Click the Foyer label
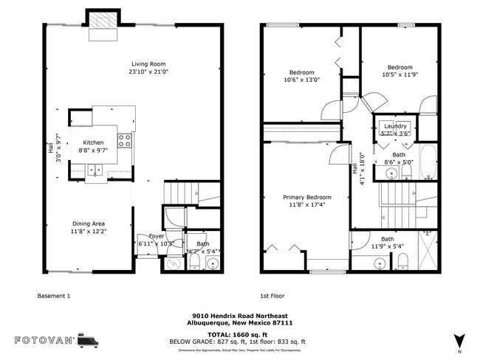coord(157,236)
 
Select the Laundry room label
coord(395,126)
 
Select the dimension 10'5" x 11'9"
coord(400,75)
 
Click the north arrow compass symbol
coord(459,340)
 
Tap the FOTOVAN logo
coord(56,341)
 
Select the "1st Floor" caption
coord(272,296)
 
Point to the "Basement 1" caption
coord(53,296)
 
